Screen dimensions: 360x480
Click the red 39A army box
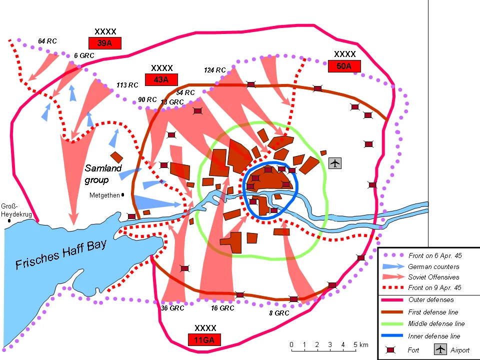[105, 43]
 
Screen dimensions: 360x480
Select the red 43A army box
[161, 79]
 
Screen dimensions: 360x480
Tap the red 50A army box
[344, 66]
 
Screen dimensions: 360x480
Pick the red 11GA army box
[204, 340]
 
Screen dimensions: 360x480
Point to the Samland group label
[103, 174]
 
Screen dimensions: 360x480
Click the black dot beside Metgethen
[123, 195]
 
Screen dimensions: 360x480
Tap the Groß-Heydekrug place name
[16, 210]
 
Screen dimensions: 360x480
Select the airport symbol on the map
[335, 163]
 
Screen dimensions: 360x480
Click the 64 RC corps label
[47, 41]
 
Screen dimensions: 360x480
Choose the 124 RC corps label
[215, 70]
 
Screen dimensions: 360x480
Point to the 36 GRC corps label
[172, 308]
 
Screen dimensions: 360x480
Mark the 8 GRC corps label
[278, 313]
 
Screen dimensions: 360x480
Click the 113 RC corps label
[127, 85]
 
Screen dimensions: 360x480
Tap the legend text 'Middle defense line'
[436, 324]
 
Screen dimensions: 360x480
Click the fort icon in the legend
[391, 349]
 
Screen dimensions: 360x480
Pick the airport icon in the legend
[440, 349]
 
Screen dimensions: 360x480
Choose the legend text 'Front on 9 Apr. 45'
[434, 287]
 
